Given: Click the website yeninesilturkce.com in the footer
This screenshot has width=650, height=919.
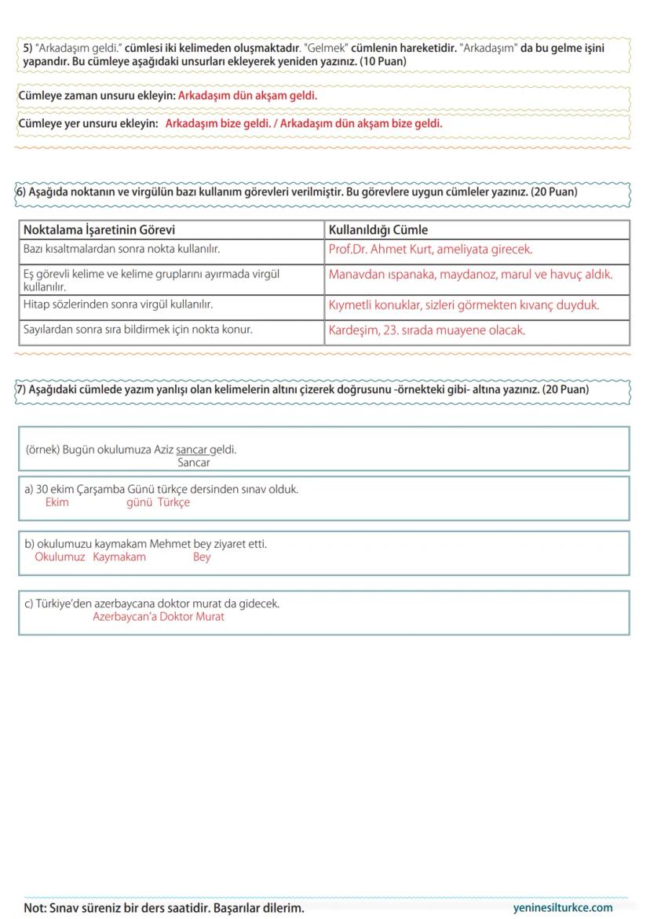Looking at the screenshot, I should pos(562,907).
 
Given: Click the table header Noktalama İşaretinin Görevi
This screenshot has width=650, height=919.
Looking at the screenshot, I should pos(99,230).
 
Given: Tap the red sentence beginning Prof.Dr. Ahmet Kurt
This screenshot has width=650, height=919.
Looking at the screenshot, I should pos(430,250).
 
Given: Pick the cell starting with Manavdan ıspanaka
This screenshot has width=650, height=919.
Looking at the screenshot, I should pos(470,275).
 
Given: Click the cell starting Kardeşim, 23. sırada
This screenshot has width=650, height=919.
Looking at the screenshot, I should pos(427,330).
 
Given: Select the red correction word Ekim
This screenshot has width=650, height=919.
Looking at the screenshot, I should pos(57,502).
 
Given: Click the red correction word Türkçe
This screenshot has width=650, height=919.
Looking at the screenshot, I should pos(173,502).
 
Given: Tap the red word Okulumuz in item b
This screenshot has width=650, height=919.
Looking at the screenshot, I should pos(60,556).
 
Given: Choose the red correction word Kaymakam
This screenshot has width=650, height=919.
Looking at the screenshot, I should pos(119,556).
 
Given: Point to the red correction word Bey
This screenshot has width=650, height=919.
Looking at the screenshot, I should pos(202,556).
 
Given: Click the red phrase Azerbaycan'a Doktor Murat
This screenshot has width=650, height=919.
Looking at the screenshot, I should pos(159,616).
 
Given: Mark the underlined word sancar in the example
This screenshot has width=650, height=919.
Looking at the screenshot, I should pos(192,450).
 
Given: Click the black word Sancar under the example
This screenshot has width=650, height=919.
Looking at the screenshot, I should pos(194,462).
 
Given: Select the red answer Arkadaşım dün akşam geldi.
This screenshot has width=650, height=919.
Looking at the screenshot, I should pos(247,96).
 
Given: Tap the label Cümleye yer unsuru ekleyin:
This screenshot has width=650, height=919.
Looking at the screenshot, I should pos(88,124).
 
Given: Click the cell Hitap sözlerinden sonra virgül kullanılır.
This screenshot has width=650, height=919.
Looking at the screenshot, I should pos(118,303).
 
